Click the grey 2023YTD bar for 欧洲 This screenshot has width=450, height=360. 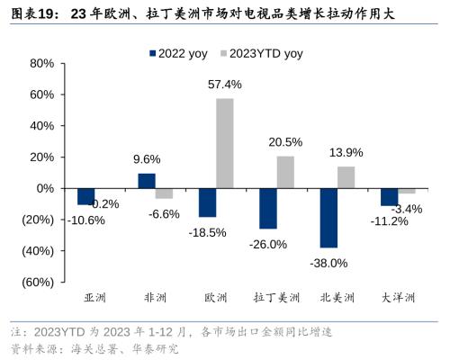coord(224,143)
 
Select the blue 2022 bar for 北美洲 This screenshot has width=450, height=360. coord(328,218)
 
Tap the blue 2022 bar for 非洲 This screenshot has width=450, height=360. coord(147,181)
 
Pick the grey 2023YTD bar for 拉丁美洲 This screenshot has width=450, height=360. coord(285,172)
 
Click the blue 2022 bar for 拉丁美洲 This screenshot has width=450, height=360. coord(267,209)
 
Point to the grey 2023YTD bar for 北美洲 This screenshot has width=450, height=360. coord(346,177)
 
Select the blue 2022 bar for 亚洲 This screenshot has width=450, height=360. coord(85,196)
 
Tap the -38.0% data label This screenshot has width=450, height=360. coord(329,263)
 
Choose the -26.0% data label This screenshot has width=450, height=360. coord(268,244)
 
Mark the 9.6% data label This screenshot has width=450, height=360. coord(146,159)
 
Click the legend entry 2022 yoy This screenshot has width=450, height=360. coord(177,54)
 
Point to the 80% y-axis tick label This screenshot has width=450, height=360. coord(41,63)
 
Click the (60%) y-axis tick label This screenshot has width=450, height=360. coord(36,283)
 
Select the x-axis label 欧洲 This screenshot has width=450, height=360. coord(215,298)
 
